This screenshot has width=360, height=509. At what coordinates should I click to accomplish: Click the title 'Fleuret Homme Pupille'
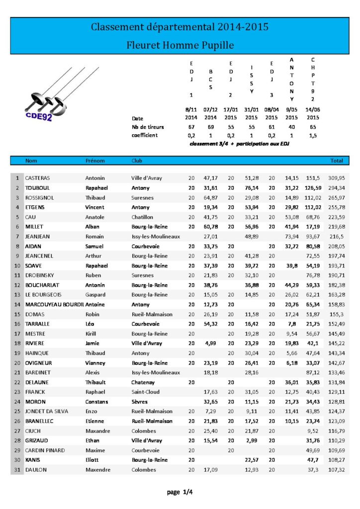[180, 45]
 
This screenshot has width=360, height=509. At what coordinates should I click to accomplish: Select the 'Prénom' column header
[95, 161]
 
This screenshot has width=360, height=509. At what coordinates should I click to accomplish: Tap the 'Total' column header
[337, 161]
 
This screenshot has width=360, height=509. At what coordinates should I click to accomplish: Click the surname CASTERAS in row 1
[37, 178]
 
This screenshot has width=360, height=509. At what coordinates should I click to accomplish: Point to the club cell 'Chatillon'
[142, 217]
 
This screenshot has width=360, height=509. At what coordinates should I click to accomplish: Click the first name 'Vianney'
[95, 363]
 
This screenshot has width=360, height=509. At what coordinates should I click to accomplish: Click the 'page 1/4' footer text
[180, 492]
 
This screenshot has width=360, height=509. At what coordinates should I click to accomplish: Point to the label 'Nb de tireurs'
[148, 127]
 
